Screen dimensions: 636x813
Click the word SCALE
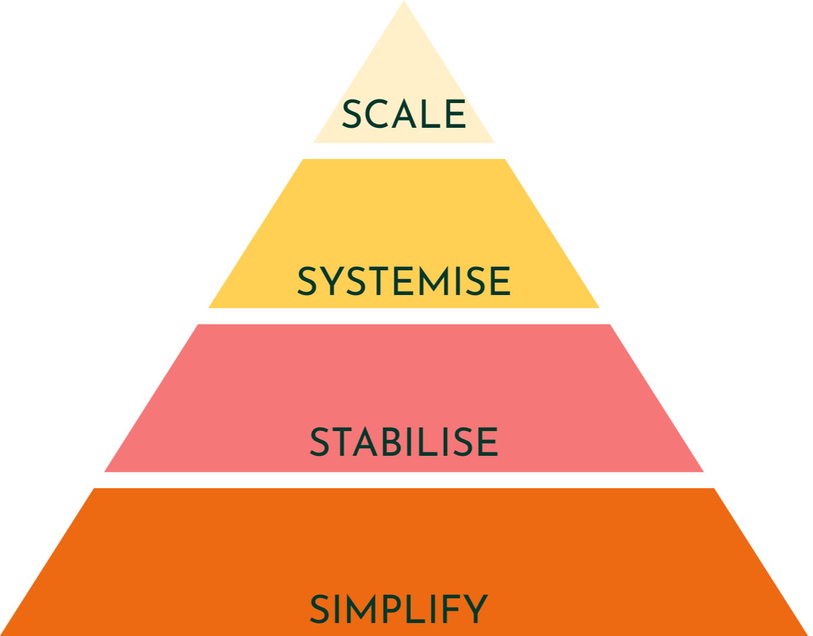(x=404, y=114)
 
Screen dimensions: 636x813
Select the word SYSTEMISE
(x=404, y=281)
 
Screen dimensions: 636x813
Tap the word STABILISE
(x=404, y=442)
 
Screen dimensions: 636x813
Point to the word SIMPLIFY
(x=399, y=609)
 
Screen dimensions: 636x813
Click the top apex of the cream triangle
(x=404, y=4)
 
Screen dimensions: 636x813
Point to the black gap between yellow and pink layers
(x=404, y=316)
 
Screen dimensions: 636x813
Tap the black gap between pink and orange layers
(x=404, y=480)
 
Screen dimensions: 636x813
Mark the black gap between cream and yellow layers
(x=404, y=151)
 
